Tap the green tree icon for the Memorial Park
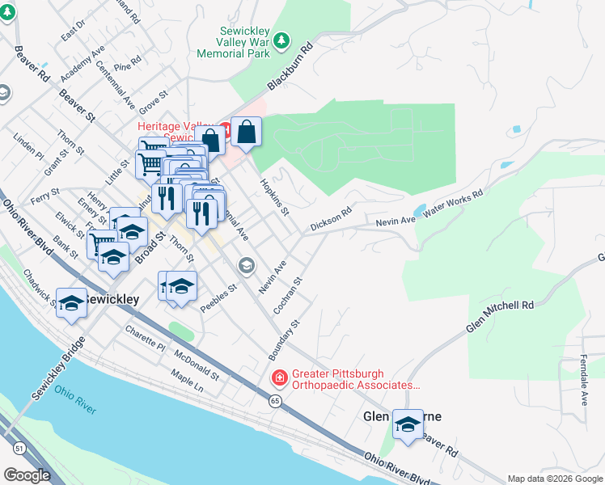tap(281, 40)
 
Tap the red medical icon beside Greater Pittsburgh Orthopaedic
tap(279, 377)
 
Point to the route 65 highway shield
tap(276, 401)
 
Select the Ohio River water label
tap(75, 399)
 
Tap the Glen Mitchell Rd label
tap(500, 317)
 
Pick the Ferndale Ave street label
tap(582, 378)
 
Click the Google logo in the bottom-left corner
tap(27, 475)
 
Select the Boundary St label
tap(284, 339)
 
